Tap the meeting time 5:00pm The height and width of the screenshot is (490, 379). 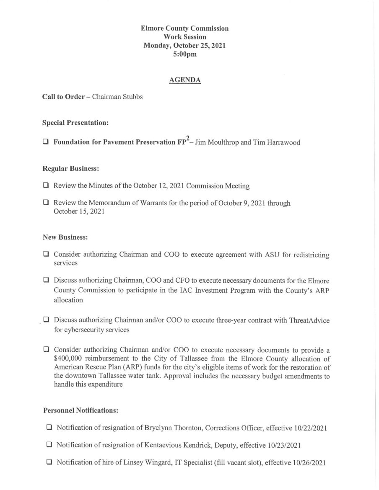click(x=184, y=54)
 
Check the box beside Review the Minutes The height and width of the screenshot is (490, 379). click(x=46, y=185)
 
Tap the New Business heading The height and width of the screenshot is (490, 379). click(x=65, y=237)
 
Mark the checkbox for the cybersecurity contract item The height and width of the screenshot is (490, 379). click(x=46, y=320)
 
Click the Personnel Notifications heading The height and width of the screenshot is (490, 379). click(x=80, y=411)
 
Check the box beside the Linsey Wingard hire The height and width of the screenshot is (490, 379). click(x=49, y=463)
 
